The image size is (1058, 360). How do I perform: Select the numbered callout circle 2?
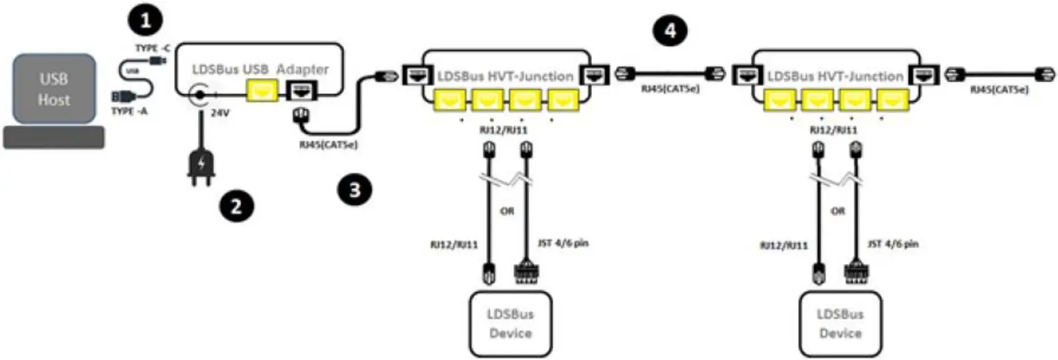(x=236, y=206)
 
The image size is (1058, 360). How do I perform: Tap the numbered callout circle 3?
(x=354, y=190)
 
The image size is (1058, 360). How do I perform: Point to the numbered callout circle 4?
(x=669, y=30)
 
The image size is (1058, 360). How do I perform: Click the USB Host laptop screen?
(x=53, y=89)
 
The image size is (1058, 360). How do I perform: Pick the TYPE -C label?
(x=153, y=48)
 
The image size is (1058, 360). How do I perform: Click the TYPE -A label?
(x=129, y=111)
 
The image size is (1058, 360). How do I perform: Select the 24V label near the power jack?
(x=220, y=113)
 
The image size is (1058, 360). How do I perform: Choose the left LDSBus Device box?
(x=510, y=323)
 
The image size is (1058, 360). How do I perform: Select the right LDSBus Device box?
(x=840, y=323)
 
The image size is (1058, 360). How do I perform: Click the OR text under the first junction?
(x=507, y=211)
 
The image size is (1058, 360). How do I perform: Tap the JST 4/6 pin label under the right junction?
(x=893, y=244)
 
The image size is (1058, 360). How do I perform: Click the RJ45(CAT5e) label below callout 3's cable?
(x=328, y=144)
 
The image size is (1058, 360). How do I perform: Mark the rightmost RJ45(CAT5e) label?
(x=999, y=89)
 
